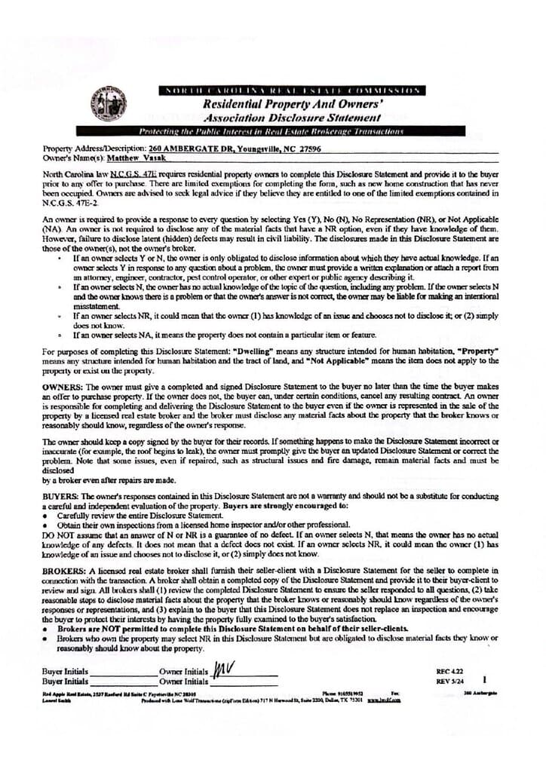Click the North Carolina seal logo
pos(108,103)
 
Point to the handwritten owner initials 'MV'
pos(223,668)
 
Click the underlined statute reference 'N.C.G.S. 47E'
pos(133,173)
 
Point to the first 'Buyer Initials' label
pos(66,671)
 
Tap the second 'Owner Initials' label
pos(183,682)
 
